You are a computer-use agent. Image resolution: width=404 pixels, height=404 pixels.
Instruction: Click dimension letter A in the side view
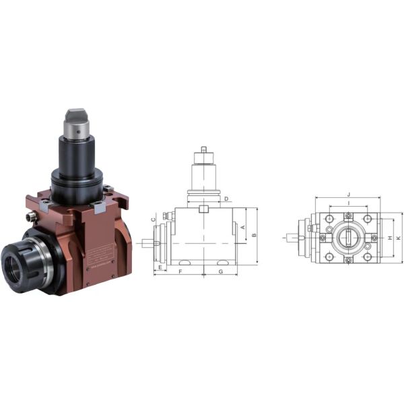(243, 228)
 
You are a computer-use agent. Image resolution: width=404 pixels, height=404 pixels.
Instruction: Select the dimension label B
(254, 235)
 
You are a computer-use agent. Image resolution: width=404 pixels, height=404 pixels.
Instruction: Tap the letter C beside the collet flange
(154, 220)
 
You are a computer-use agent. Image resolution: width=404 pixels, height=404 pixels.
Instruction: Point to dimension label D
(226, 199)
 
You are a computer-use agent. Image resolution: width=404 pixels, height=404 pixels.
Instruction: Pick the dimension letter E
(160, 267)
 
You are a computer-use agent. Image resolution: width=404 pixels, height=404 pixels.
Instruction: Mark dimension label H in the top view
(390, 238)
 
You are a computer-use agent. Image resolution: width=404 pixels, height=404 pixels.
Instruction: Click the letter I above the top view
(348, 203)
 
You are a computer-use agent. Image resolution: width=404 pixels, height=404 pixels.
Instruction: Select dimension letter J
(348, 194)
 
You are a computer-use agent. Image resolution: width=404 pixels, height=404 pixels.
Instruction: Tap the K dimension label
(399, 238)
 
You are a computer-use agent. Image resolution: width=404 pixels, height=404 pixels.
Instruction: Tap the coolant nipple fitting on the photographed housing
(31, 217)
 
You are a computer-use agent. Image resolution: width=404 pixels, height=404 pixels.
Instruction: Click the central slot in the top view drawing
(348, 238)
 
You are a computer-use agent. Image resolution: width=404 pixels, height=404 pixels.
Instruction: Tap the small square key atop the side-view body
(203, 209)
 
